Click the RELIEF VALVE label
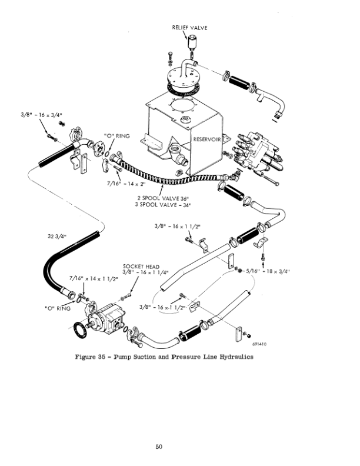[189, 28]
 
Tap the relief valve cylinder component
[192, 42]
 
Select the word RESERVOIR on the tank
[206, 139]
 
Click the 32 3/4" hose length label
[57, 237]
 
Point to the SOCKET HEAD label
[141, 267]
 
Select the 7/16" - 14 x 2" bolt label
[126, 184]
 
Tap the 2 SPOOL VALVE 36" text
[163, 198]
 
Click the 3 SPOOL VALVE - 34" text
[163, 205]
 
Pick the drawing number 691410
[259, 344]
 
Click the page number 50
[159, 447]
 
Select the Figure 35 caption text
[164, 357]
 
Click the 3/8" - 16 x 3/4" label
[42, 115]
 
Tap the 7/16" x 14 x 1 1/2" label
[94, 278]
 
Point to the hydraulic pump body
[106, 318]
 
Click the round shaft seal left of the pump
[80, 329]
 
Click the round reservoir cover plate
[184, 76]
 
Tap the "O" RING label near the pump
[58, 308]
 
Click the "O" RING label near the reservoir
[117, 136]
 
